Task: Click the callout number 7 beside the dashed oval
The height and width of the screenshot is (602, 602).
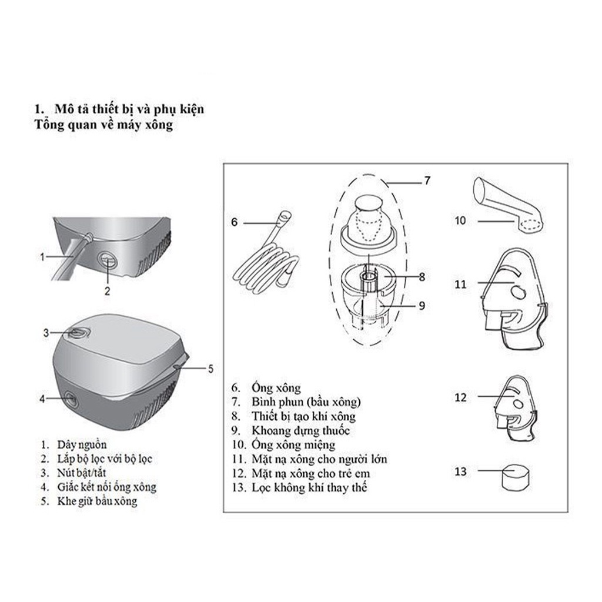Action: [427, 181]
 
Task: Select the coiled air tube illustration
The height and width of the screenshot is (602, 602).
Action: [265, 259]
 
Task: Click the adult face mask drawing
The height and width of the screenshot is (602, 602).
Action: [512, 294]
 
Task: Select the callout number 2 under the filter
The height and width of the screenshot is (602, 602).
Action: [107, 290]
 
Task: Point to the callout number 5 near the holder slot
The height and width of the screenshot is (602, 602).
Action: [210, 369]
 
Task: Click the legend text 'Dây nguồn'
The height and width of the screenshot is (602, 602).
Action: [82, 444]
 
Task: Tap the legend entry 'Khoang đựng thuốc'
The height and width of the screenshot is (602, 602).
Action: [300, 431]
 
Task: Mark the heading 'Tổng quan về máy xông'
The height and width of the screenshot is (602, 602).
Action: [103, 125]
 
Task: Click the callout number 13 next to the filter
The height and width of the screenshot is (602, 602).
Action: [460, 471]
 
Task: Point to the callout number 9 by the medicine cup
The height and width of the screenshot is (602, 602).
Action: [422, 305]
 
